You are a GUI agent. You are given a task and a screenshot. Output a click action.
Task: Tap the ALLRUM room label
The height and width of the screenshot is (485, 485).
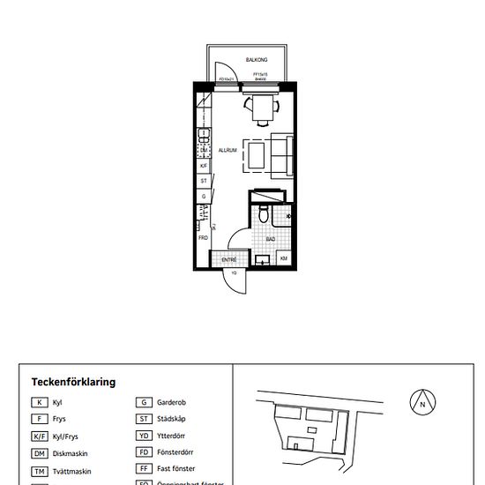coord(228,151)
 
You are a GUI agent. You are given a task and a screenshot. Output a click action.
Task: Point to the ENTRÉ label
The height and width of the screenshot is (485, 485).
coord(228,260)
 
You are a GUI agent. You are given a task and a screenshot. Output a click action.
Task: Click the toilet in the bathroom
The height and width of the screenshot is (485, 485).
coord(264,215)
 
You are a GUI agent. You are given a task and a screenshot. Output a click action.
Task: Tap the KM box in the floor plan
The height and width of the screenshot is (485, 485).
coord(284,258)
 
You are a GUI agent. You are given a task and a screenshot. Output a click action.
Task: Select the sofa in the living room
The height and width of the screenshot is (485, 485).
coord(283,156)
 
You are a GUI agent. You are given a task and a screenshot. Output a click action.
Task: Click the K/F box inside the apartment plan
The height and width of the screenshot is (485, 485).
coord(204,165)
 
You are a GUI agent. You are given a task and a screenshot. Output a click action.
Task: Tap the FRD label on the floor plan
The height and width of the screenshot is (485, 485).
coord(203,237)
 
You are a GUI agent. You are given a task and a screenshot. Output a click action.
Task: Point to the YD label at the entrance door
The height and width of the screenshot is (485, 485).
coord(235,273)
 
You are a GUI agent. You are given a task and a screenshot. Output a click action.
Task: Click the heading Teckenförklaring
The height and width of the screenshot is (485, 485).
coord(73,382)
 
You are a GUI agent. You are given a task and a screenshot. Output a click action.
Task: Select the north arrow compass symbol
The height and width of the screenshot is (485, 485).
coord(422,402)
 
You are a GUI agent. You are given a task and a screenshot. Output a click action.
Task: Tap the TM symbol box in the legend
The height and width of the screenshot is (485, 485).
coord(40,472)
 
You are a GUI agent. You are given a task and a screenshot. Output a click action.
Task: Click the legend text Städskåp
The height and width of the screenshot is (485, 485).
coord(170,419)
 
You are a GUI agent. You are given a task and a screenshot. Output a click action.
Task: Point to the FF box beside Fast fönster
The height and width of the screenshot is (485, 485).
coord(143,469)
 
